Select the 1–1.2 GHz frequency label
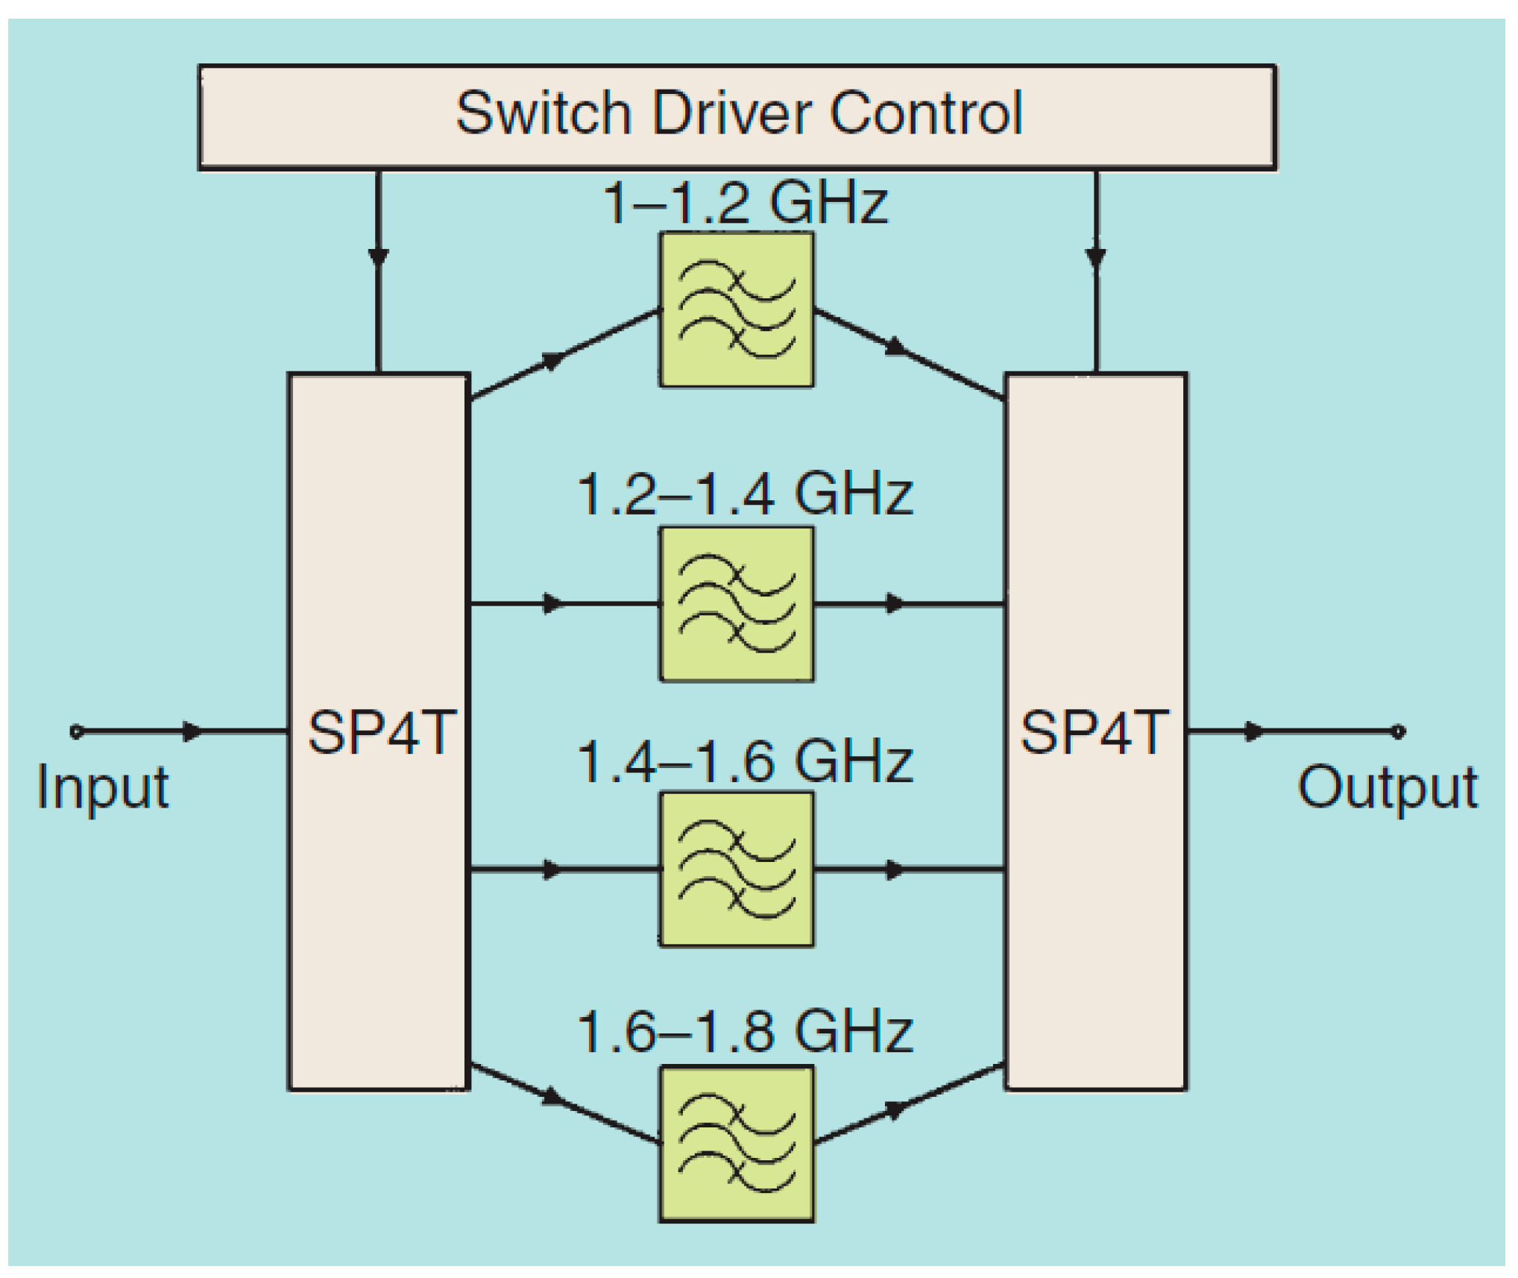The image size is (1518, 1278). pos(745,203)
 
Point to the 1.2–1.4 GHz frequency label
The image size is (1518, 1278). pos(745,494)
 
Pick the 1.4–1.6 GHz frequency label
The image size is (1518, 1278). pos(745,762)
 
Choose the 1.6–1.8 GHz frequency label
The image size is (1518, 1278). pos(745,1032)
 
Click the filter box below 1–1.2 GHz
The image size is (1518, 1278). pos(737,309)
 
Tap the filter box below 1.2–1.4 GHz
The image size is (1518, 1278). pos(737,604)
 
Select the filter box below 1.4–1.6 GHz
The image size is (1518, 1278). pos(737,869)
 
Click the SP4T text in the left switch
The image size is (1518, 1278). pos(381,733)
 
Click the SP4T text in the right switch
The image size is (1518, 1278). pos(1094,733)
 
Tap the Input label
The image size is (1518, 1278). pos(103,787)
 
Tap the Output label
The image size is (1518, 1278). pos(1388,787)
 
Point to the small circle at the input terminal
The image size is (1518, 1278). pos(76,731)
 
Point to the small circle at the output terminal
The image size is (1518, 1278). pos(1399,731)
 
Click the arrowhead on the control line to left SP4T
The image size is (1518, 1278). pos(378,256)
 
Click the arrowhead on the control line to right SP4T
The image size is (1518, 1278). pos(1095,256)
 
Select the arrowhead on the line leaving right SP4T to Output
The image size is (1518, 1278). pos(1254,731)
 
